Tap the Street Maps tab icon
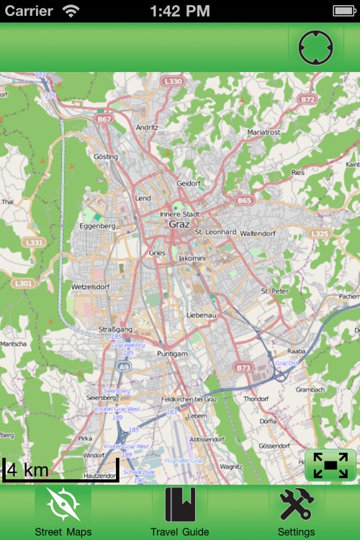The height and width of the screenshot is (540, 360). click(x=63, y=503)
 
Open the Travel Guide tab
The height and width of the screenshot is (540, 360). click(x=180, y=503)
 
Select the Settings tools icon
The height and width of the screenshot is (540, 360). click(x=296, y=503)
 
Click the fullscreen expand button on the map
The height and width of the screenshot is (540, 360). click(x=330, y=465)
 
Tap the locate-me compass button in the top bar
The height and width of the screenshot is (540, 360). click(x=316, y=48)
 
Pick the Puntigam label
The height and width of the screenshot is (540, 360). click(x=172, y=354)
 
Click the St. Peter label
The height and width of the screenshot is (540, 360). click(x=274, y=291)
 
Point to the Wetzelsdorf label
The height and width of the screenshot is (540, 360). click(x=89, y=286)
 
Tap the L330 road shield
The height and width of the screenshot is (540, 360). click(x=173, y=81)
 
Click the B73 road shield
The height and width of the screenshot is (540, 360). click(x=243, y=367)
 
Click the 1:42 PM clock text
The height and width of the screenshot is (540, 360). click(x=180, y=10)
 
